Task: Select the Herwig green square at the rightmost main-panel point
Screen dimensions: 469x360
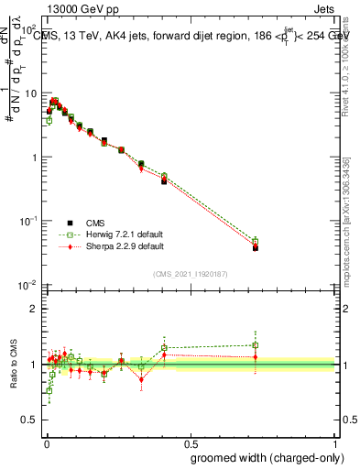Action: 256,242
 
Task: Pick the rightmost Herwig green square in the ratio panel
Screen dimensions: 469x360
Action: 256,345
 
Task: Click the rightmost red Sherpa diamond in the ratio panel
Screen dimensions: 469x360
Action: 256,357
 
